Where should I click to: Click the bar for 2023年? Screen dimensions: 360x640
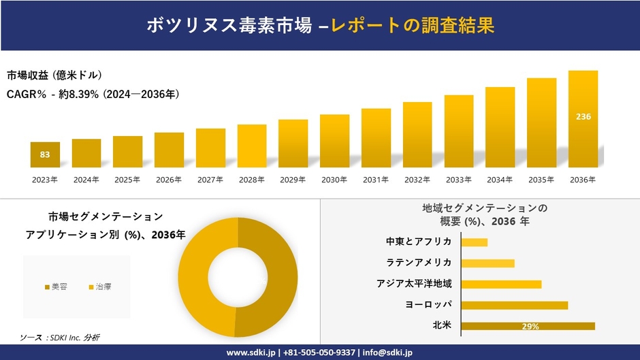coord(45,154)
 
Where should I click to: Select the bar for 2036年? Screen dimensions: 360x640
coord(583,119)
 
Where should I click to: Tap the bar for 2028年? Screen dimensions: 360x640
coord(252,146)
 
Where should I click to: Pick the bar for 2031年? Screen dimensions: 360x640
coord(376,137)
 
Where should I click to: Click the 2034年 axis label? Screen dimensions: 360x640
coord(500,180)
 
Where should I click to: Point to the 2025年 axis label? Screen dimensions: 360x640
coord(127,180)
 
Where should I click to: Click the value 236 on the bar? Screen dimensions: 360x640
coord(583,117)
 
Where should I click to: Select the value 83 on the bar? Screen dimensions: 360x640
coord(45,154)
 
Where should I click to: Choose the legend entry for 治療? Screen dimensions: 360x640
coord(99,287)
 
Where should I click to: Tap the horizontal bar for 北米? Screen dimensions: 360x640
coord(528,326)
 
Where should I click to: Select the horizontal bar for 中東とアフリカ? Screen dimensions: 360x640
coord(475,242)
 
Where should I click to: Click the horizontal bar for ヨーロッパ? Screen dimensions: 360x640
coord(514,305)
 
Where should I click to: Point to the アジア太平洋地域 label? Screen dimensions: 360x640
coord(414,284)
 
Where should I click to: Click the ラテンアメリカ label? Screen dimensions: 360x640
coord(419,263)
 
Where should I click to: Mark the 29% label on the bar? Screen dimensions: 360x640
coord(530,327)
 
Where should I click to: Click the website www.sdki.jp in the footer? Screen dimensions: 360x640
coord(251,353)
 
